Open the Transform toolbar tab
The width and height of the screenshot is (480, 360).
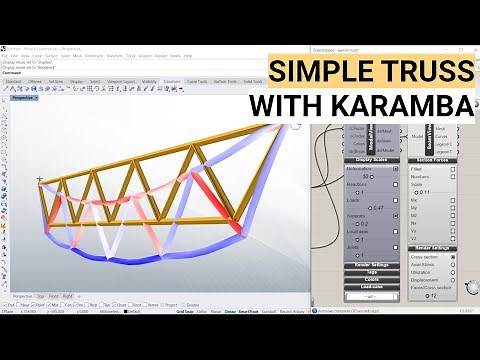click(x=171, y=81)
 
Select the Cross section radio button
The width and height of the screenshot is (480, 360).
click(x=453, y=257)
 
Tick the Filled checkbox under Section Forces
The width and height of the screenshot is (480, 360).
click(x=453, y=168)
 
